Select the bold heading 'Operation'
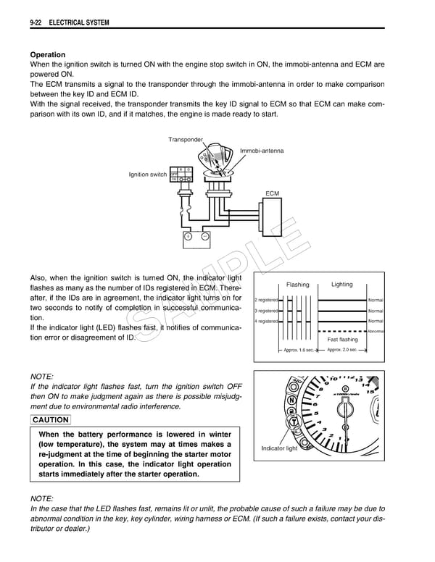click(x=47, y=54)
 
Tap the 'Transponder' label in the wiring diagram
click(x=186, y=139)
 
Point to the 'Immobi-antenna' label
click(x=262, y=151)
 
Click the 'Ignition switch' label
click(x=148, y=175)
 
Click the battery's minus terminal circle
click(x=205, y=236)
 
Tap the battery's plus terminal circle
click(x=187, y=236)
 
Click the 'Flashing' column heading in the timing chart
click(x=297, y=285)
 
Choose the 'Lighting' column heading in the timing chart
click(x=341, y=285)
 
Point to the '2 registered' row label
click(x=266, y=300)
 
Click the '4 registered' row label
click(x=266, y=321)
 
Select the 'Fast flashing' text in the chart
click(x=342, y=339)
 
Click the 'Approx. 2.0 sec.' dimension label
click(x=341, y=350)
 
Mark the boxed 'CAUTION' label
click(x=51, y=420)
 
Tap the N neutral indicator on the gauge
click(x=291, y=400)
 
